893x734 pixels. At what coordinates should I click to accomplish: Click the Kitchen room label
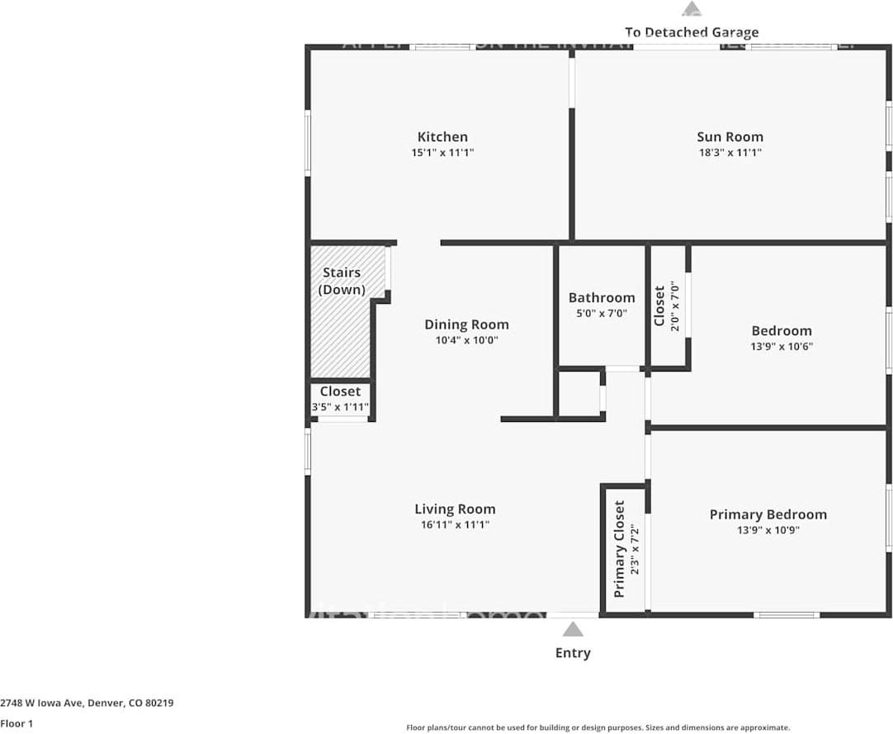(442, 137)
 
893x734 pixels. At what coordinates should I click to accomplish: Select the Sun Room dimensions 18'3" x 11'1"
(730, 153)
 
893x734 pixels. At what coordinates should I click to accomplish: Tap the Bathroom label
(602, 298)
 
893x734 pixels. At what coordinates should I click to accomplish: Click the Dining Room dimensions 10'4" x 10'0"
(466, 340)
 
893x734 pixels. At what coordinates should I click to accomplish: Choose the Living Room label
(455, 509)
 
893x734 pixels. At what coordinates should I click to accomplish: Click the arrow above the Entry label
(573, 631)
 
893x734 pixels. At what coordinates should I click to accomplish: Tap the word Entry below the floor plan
(573, 653)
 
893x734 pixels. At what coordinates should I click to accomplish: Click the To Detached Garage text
(692, 32)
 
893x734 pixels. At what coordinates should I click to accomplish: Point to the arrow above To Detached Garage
(692, 9)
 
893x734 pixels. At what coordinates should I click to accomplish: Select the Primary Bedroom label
(768, 514)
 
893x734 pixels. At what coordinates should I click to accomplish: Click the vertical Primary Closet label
(620, 549)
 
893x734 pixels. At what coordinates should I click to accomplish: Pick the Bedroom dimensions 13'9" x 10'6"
(781, 347)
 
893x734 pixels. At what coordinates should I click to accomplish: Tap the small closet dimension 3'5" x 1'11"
(340, 407)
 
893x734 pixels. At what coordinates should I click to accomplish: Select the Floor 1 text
(17, 723)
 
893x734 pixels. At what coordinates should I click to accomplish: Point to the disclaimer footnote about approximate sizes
(598, 727)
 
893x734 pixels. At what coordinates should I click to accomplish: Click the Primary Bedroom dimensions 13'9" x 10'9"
(768, 530)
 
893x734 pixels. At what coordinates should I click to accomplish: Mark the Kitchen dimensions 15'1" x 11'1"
(442, 153)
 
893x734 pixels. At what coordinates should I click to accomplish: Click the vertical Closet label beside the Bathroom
(659, 305)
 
